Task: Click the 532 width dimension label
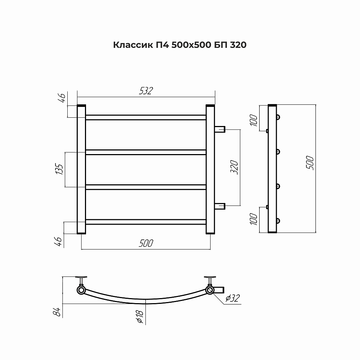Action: point(146,91)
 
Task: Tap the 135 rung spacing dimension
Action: point(59,169)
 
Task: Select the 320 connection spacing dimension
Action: point(234,167)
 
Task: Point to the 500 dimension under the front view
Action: point(146,243)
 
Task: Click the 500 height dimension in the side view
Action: point(310,163)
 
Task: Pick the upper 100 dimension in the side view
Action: point(254,120)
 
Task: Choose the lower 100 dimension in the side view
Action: point(254,219)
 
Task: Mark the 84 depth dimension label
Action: point(57,312)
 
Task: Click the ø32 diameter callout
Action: point(233,298)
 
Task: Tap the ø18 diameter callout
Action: point(140,316)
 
